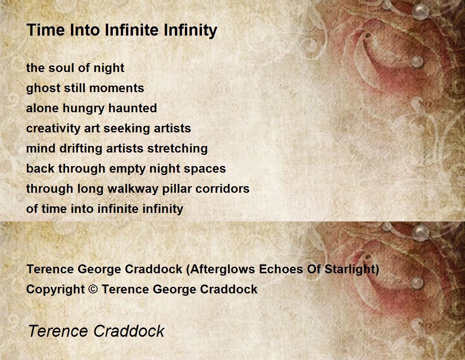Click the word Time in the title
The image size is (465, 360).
pyautogui.click(x=46, y=30)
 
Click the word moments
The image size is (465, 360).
pyautogui.click(x=117, y=88)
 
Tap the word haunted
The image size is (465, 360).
pyautogui.click(x=133, y=108)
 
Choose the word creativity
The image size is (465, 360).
pyautogui.click(x=53, y=129)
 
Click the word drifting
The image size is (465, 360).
pyautogui.click(x=81, y=149)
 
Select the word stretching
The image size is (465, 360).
pyautogui.click(x=177, y=149)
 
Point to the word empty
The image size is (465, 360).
pyautogui.click(x=127, y=169)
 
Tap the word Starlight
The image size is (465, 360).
pyautogui.click(x=352, y=269)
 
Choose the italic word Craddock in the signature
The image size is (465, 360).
pyautogui.click(x=129, y=331)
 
